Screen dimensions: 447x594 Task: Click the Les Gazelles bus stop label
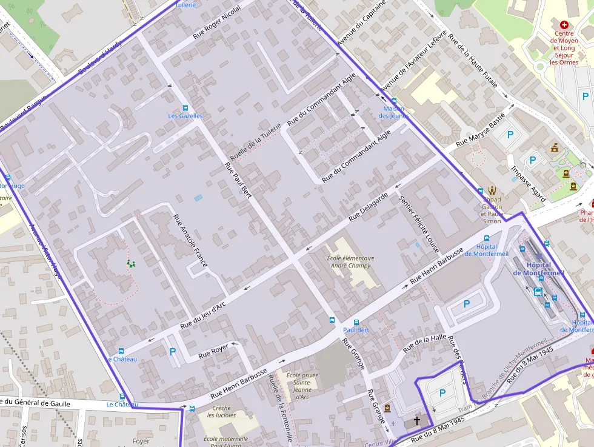(185, 116)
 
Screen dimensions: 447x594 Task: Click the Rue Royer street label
(213, 349)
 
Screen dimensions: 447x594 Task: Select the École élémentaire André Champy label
(350, 262)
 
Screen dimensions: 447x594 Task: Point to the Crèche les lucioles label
(221, 412)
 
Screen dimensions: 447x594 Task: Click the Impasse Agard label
(527, 184)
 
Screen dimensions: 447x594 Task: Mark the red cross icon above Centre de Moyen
(564, 24)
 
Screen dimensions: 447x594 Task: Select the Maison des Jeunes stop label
(393, 112)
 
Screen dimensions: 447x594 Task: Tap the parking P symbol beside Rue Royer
(173, 351)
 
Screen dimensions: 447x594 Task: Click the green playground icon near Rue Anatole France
(130, 263)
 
